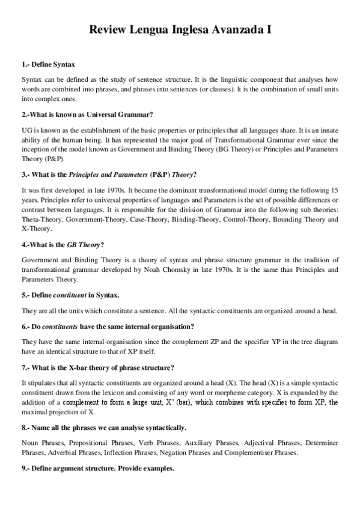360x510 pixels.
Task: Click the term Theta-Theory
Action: pyautogui.click(x=41, y=220)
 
